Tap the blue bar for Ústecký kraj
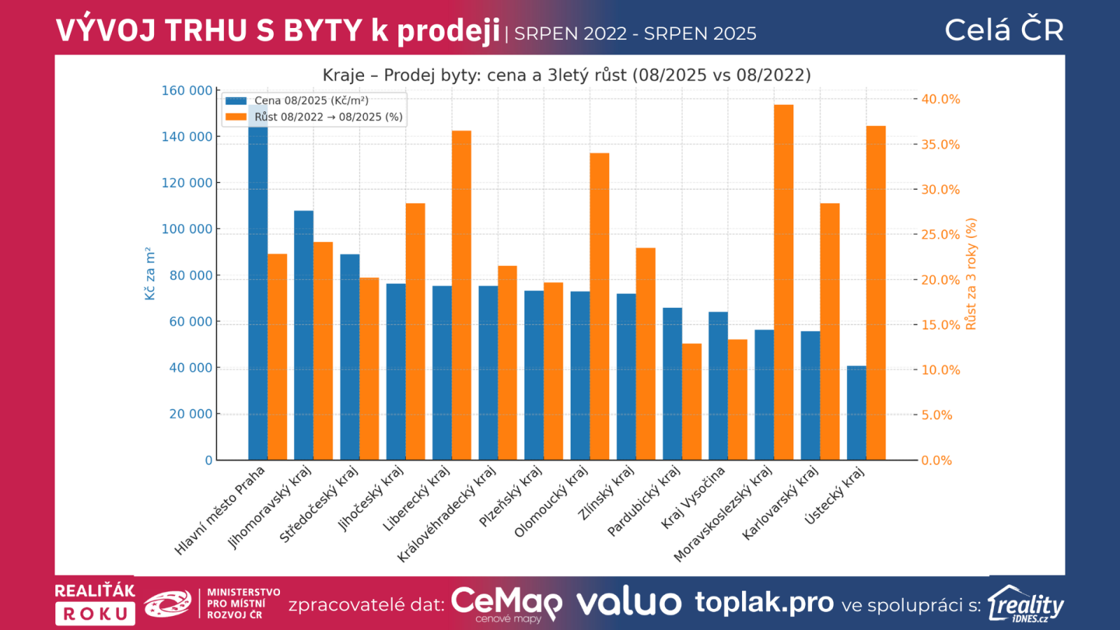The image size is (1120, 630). point(856,413)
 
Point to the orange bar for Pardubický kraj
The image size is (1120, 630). point(692,402)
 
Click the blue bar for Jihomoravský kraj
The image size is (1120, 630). point(304,335)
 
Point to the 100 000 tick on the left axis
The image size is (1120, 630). point(187,229)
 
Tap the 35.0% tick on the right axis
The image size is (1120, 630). point(940,145)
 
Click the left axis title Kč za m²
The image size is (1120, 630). point(150,274)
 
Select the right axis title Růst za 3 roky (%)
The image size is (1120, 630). point(971,274)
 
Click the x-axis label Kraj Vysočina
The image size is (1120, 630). point(693,498)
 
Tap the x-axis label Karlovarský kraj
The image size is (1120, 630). point(780,503)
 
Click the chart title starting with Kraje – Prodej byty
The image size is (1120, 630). point(566,75)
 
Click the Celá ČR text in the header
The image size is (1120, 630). point(1004,30)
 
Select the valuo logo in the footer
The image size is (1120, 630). point(629,603)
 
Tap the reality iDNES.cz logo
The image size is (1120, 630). point(1026,604)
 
